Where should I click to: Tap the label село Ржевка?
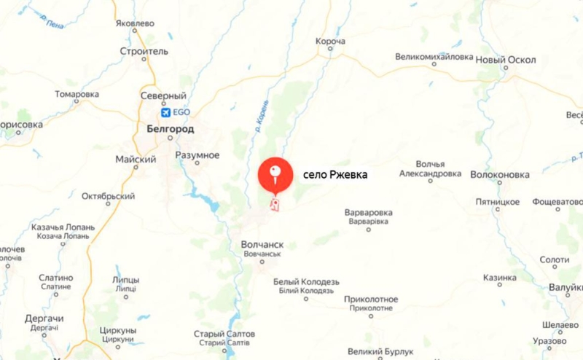pos(335,176)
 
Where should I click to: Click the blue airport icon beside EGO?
pos(166,112)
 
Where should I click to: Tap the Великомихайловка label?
pos(434,56)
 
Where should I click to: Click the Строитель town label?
pos(144,52)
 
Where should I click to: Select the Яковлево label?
pos(136,23)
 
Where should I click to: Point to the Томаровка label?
pos(77,95)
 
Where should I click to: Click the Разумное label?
pos(197,155)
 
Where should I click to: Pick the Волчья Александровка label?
pos(430,169)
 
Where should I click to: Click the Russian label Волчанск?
pos(262,246)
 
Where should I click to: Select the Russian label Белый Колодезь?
pos(307,281)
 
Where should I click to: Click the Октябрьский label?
pos(109,196)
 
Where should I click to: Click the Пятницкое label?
pos(497,201)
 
